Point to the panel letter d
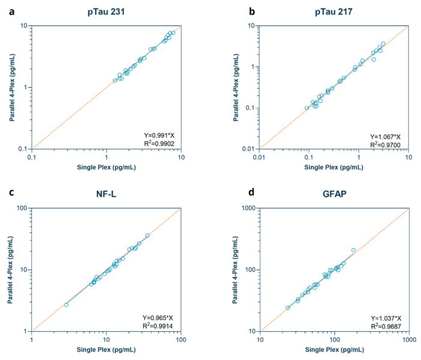coord(234,192)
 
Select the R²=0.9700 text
coord(386,144)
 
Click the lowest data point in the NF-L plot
coord(66,305)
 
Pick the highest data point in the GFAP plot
coord(353,250)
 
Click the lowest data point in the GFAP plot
coord(287,308)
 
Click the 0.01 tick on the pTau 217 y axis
coord(251,149)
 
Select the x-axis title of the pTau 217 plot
coord(334,167)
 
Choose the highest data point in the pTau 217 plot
coord(383,44)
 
